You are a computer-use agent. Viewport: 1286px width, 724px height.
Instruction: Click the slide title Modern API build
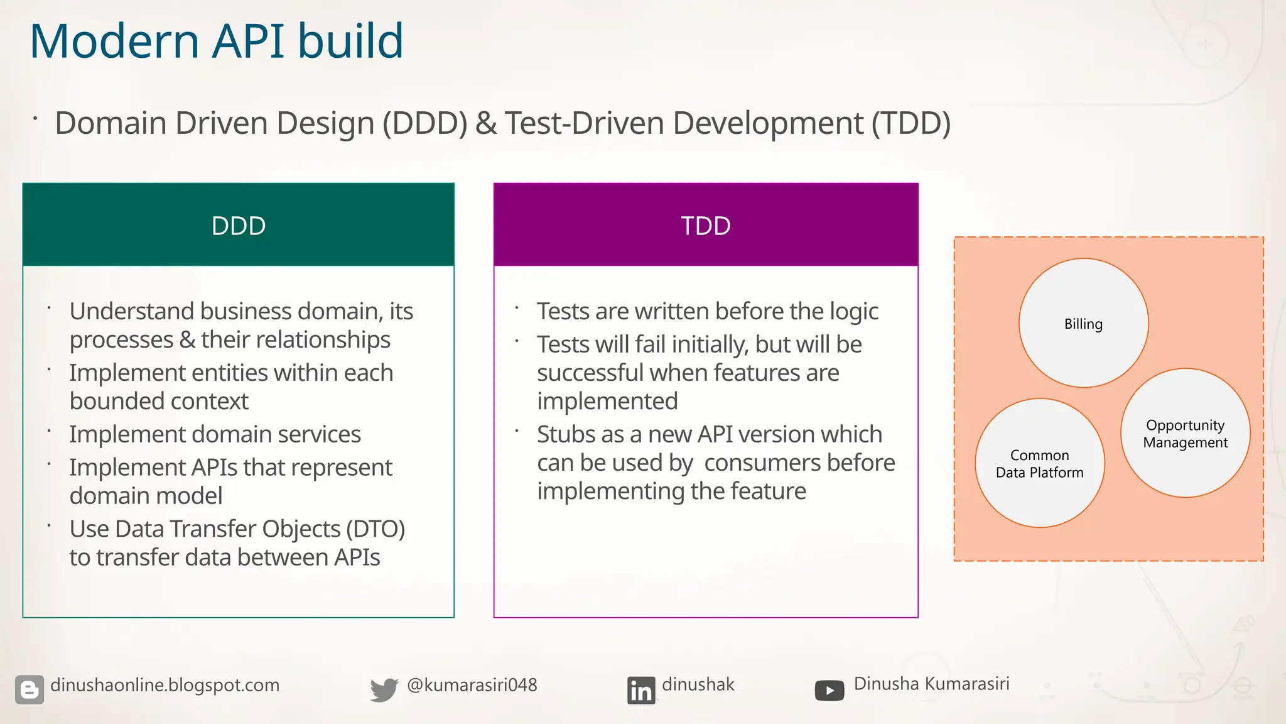tap(216, 41)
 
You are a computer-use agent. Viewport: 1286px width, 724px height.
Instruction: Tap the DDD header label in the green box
tap(239, 226)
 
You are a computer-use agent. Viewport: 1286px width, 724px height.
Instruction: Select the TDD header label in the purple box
tap(706, 226)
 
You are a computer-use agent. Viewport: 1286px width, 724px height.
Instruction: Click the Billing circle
tap(1083, 324)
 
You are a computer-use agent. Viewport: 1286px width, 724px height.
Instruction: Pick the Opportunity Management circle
tap(1185, 434)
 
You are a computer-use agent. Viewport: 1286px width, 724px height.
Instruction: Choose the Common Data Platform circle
tap(1039, 464)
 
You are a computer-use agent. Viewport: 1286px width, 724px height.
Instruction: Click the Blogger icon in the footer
tap(30, 689)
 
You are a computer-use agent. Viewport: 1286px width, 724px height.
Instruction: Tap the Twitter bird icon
tap(384, 689)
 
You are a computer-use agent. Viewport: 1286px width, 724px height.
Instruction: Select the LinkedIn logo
tap(640, 690)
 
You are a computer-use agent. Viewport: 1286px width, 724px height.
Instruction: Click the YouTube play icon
tap(829, 691)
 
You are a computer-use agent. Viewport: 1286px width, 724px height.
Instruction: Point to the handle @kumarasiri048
tap(472, 685)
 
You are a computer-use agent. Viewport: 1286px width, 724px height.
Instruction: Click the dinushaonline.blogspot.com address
tap(165, 685)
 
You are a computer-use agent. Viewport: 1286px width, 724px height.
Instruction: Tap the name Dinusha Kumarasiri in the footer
tap(931, 684)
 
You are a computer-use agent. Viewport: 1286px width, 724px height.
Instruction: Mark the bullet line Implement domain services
tap(215, 434)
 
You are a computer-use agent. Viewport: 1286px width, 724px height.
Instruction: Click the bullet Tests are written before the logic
tap(707, 312)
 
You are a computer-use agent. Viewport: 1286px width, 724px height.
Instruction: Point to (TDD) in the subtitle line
tap(910, 123)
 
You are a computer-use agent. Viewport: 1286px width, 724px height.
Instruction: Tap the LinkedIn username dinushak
tap(698, 684)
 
